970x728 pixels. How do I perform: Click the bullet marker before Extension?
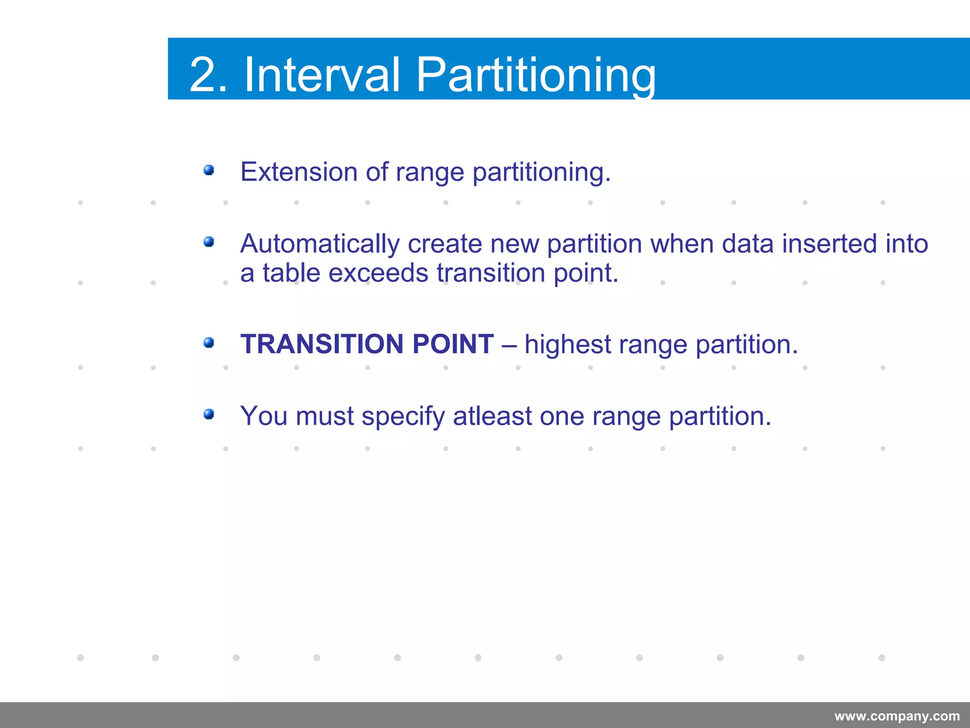(x=209, y=170)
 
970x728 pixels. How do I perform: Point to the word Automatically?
(x=320, y=244)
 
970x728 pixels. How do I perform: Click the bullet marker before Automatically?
(x=209, y=243)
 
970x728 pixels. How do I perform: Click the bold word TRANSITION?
(x=323, y=344)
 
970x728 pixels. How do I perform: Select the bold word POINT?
(x=453, y=344)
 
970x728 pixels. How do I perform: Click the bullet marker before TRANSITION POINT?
(x=209, y=343)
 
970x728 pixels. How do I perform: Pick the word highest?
(x=567, y=345)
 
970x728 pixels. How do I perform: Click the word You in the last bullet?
(x=264, y=416)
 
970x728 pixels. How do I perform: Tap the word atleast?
(x=492, y=416)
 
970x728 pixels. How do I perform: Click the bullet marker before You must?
(x=209, y=415)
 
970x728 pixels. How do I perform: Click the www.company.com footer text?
(x=897, y=716)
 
